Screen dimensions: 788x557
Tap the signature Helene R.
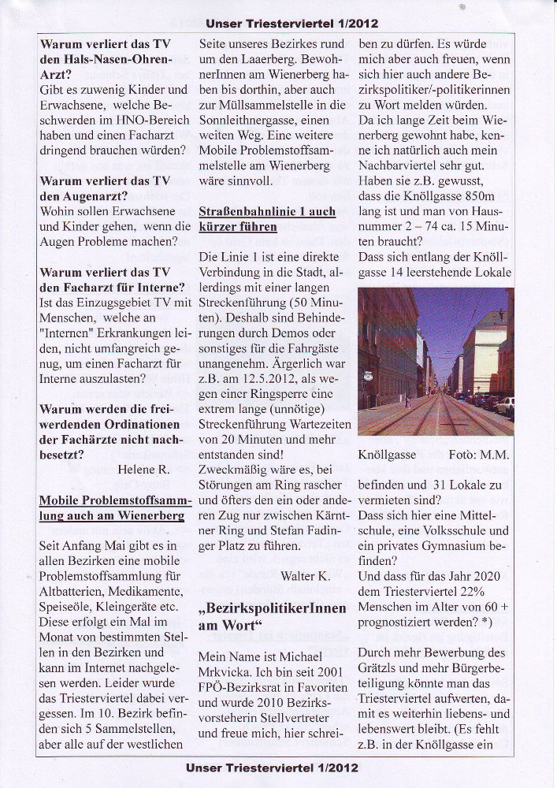(x=146, y=470)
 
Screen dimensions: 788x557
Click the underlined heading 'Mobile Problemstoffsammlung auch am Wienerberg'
(x=111, y=507)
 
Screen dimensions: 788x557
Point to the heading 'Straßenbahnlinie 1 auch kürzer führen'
(x=267, y=219)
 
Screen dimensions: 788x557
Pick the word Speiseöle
(x=67, y=609)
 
